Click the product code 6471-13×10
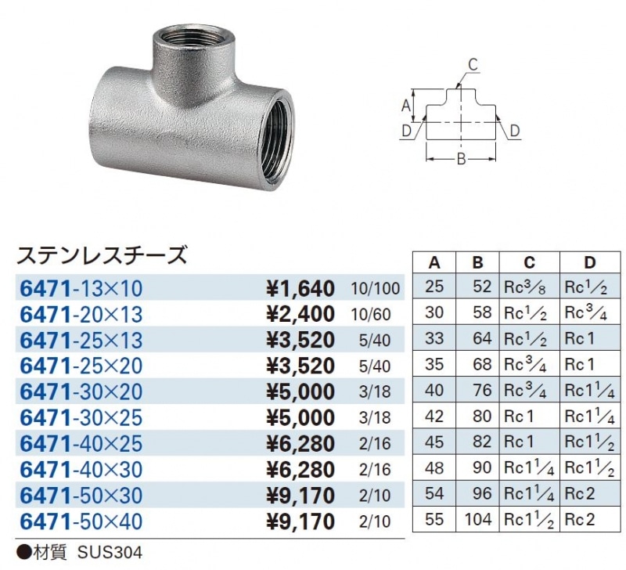pyautogui.click(x=81, y=289)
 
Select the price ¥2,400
pyautogui.click(x=300, y=315)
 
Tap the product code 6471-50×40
pyautogui.click(x=81, y=520)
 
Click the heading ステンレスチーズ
pyautogui.click(x=103, y=255)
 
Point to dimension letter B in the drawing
pyautogui.click(x=462, y=161)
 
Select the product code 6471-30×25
pyautogui.click(x=81, y=417)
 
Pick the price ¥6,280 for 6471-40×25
pyautogui.click(x=300, y=444)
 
